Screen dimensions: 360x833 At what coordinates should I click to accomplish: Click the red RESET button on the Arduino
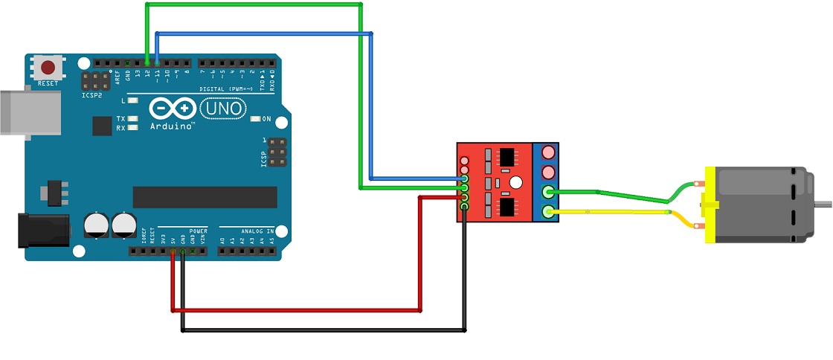(x=49, y=67)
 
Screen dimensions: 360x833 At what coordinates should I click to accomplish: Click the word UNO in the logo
(x=222, y=109)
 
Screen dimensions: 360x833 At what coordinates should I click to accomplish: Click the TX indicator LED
(x=133, y=119)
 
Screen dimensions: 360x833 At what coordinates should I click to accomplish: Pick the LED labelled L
(x=133, y=100)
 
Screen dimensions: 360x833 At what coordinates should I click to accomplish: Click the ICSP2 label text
(x=92, y=94)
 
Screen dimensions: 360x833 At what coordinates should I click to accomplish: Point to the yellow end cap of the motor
(x=710, y=205)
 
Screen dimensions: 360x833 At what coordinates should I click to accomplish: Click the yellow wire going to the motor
(x=610, y=213)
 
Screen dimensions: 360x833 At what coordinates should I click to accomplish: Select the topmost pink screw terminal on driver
(x=549, y=152)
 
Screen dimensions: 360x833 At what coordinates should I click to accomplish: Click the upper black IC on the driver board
(x=507, y=158)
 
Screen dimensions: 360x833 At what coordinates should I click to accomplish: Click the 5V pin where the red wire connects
(x=173, y=252)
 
